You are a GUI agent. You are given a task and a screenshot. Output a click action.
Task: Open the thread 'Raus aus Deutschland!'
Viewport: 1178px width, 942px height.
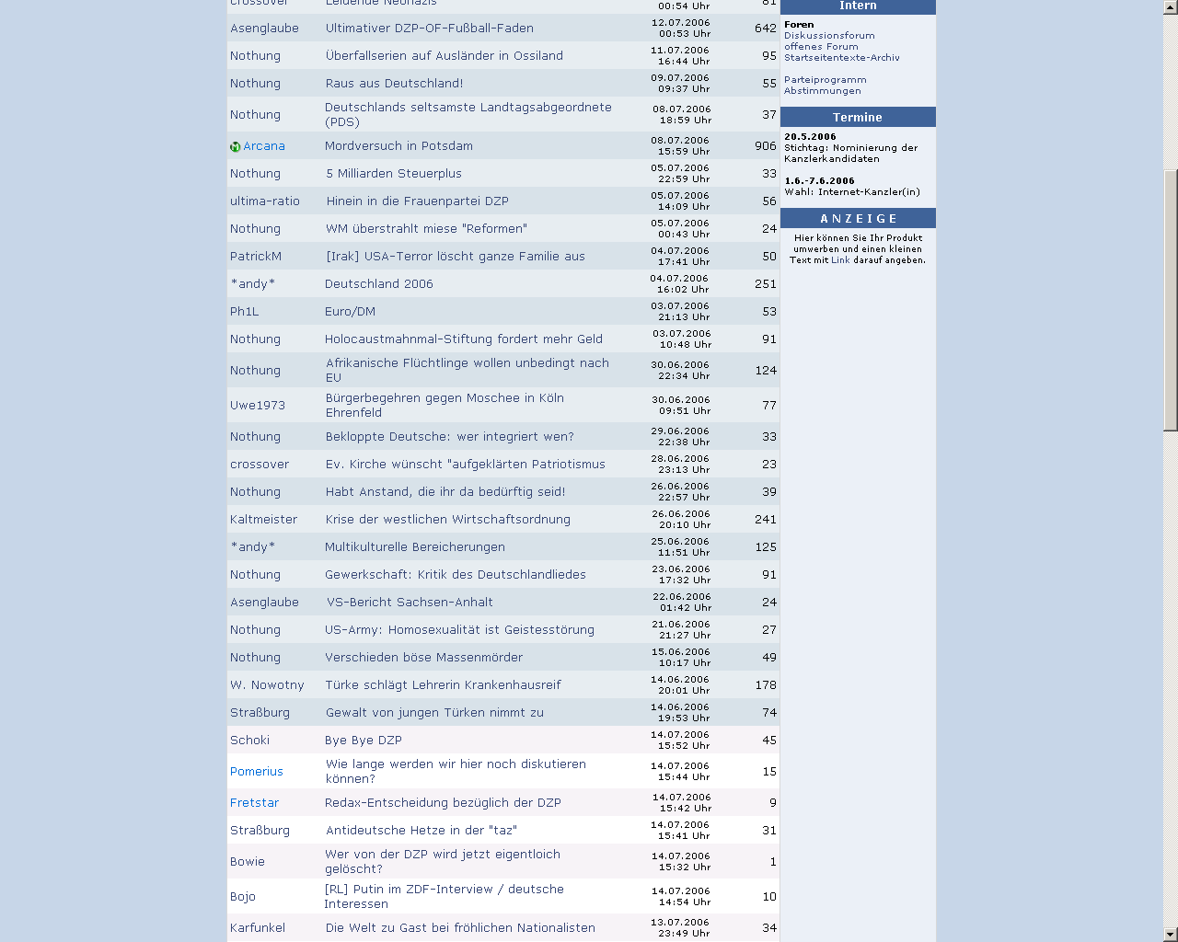(x=394, y=84)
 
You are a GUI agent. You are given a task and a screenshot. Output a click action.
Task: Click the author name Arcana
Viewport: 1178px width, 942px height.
(x=264, y=146)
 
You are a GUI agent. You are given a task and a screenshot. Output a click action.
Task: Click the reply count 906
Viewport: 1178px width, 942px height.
(x=765, y=146)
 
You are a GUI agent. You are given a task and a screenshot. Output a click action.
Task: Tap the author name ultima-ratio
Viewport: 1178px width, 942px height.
(x=265, y=201)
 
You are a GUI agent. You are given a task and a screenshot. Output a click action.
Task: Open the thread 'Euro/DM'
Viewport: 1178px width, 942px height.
(x=350, y=312)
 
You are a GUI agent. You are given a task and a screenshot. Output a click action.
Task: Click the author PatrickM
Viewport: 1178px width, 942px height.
(x=256, y=257)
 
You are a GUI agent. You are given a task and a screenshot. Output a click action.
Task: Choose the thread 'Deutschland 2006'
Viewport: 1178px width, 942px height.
(x=378, y=284)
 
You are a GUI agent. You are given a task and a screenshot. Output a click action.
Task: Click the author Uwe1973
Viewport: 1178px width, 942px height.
(x=258, y=406)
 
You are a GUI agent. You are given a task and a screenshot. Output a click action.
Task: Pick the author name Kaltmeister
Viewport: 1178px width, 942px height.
(x=263, y=520)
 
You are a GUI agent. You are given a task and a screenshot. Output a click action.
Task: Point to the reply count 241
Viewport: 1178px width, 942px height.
(x=765, y=520)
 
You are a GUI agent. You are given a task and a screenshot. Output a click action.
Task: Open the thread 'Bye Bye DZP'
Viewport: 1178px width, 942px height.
(x=364, y=741)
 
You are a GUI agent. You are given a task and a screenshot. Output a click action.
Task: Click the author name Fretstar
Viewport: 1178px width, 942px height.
(x=254, y=803)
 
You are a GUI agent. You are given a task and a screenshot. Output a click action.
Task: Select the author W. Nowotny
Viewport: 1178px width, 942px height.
(x=267, y=685)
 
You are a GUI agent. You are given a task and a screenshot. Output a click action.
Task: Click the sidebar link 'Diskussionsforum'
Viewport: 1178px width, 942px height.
(x=829, y=36)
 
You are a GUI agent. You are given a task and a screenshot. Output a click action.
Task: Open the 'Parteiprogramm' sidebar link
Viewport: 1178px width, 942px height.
(x=825, y=80)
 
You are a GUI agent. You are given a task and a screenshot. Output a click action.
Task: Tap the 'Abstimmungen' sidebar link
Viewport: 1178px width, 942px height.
(x=822, y=91)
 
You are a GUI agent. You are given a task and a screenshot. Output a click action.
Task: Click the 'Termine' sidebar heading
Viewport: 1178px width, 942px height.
(x=857, y=118)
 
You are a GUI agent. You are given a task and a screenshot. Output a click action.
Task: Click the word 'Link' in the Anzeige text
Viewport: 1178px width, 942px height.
(x=840, y=260)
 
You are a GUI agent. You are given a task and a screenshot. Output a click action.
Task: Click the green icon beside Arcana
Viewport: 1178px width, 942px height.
(x=235, y=147)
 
